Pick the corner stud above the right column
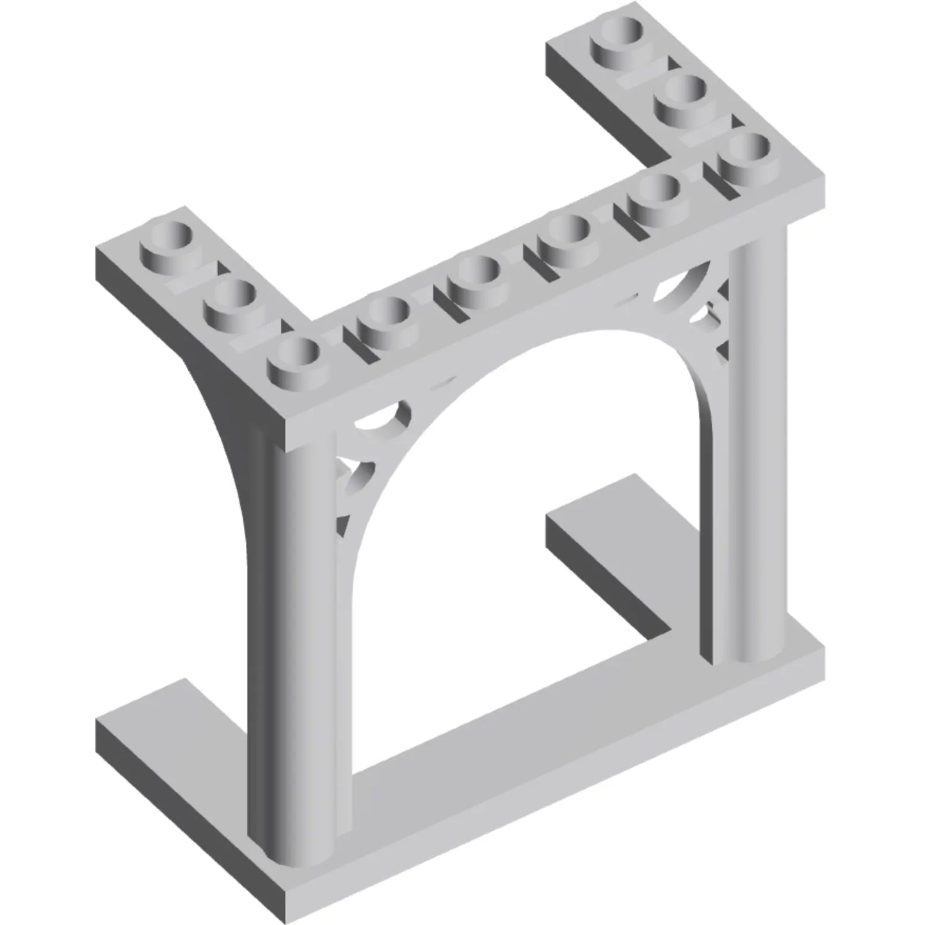(x=743, y=153)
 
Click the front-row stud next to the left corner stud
(x=383, y=317)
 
